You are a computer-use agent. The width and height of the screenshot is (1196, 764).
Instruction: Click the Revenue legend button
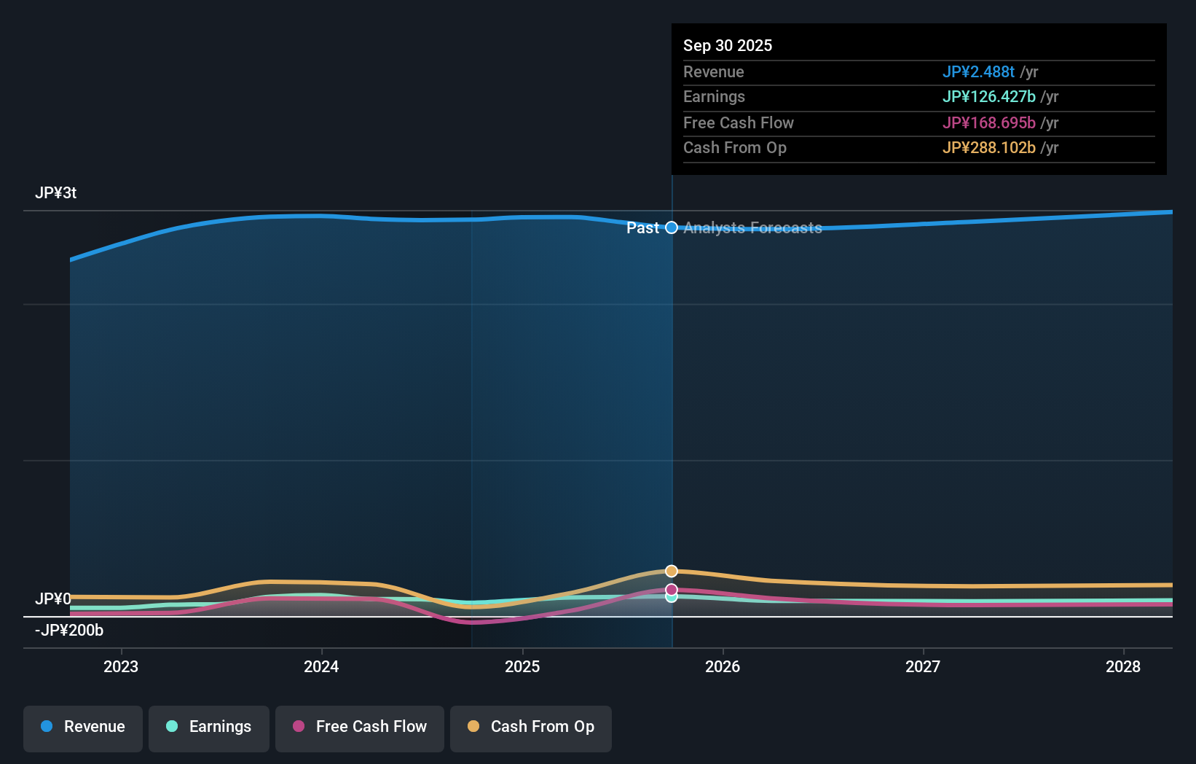point(83,727)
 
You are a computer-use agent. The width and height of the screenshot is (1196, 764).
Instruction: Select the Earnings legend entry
point(209,727)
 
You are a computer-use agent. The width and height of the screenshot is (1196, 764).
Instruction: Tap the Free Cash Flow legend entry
point(360,727)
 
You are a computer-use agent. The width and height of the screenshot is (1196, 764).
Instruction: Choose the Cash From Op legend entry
point(531,727)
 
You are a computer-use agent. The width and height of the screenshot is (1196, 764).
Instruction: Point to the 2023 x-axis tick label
point(121,666)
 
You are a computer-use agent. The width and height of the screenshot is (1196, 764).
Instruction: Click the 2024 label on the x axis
point(321,666)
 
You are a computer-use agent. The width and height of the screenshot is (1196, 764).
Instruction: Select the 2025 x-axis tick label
point(522,666)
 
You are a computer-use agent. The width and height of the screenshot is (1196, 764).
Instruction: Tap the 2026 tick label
point(723,666)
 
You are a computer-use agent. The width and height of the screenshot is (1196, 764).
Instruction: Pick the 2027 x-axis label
point(923,666)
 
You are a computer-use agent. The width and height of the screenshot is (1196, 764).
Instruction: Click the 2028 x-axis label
point(1123,666)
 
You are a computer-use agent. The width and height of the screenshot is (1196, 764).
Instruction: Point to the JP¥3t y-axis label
point(56,193)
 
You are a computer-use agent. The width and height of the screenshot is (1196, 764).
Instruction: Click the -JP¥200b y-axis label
point(69,631)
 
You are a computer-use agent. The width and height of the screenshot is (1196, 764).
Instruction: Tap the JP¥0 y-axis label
point(53,599)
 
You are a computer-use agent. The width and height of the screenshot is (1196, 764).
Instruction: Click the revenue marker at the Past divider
point(672,228)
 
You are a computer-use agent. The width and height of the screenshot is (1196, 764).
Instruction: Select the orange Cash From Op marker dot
point(672,571)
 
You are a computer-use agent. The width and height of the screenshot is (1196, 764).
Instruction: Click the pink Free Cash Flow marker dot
point(672,590)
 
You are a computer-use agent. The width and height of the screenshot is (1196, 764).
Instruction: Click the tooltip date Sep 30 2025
point(728,46)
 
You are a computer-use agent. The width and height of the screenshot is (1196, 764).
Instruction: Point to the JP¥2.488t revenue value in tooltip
point(978,72)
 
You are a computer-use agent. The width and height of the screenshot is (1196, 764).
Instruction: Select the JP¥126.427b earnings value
point(988,97)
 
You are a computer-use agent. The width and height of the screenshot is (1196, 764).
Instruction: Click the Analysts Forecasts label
point(752,228)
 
